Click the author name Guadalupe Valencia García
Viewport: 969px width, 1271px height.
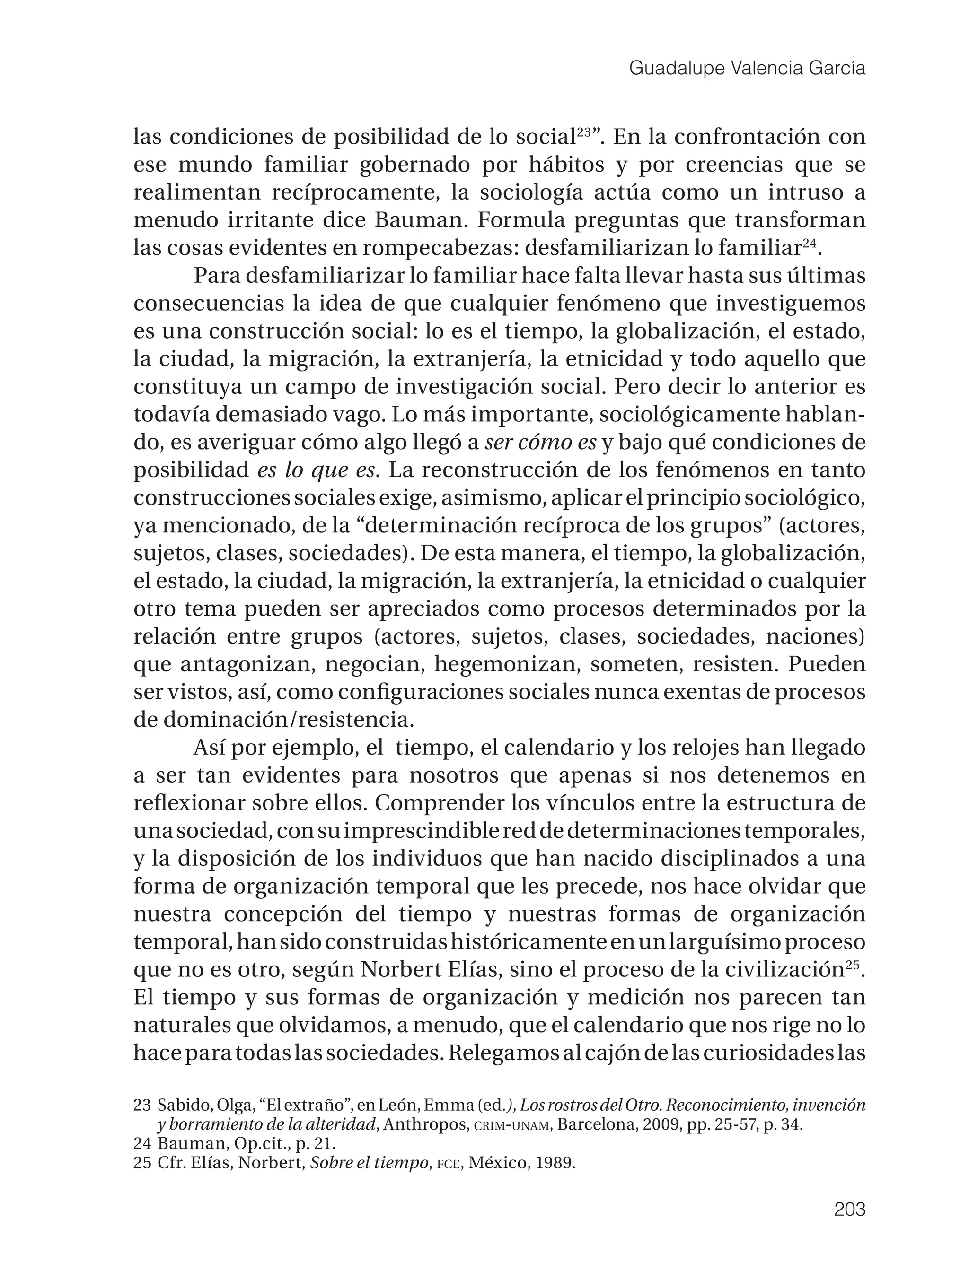[747, 69]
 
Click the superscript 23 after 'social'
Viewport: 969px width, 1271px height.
[584, 131]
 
